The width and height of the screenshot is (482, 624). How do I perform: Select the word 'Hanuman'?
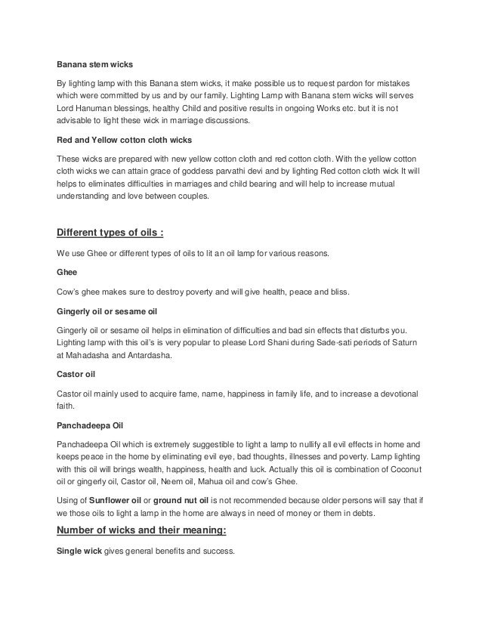pyautogui.click(x=96, y=110)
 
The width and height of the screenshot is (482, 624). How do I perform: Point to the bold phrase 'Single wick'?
pyautogui.click(x=79, y=551)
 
